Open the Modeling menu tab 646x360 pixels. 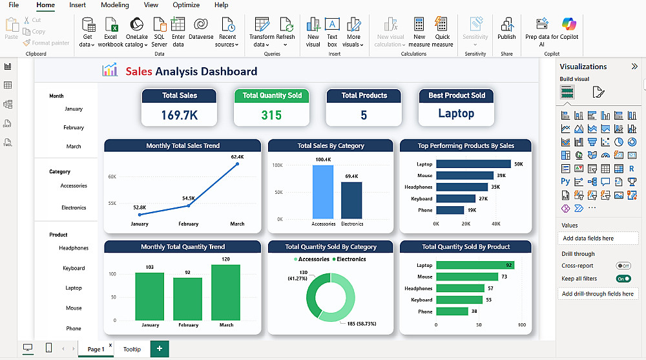(x=115, y=5)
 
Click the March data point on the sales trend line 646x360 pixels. (x=237, y=164)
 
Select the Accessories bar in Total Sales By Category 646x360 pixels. (x=323, y=192)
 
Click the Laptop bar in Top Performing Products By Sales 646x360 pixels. (x=473, y=164)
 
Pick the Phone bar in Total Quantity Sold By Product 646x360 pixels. (x=452, y=312)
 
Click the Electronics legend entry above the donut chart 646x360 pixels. (x=349, y=259)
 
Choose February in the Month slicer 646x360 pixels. (x=74, y=128)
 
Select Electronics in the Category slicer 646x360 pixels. (x=74, y=208)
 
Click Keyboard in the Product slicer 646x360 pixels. (x=74, y=268)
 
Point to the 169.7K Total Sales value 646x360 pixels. (x=180, y=115)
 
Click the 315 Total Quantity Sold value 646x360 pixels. (x=271, y=115)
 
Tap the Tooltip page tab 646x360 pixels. (x=132, y=349)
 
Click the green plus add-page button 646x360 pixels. (x=159, y=349)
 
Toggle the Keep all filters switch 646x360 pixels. (x=623, y=279)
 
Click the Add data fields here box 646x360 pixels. (x=598, y=238)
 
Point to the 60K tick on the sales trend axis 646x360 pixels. (x=112, y=176)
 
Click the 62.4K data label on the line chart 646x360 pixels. (x=237, y=156)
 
